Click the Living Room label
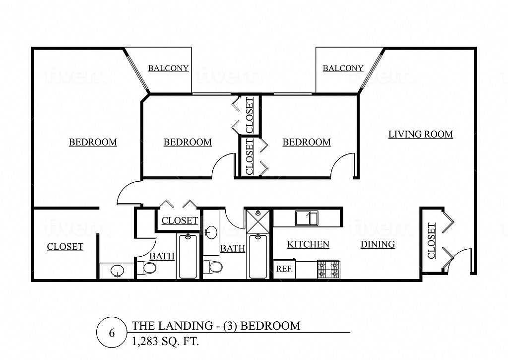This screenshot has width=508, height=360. coord(421,134)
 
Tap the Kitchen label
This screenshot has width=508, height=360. coord(308,244)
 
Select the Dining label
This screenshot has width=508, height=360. coord(378,244)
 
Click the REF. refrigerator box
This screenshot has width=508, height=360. coord(284,269)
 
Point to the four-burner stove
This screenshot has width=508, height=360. coord(328,270)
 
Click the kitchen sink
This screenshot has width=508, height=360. coord(307,218)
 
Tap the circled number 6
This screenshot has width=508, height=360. coord(112,333)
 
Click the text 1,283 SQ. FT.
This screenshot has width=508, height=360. coord(165,342)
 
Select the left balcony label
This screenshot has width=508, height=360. coord(168,68)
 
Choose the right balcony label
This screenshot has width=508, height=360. coord(343,68)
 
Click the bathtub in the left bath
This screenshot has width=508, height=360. coord(188,256)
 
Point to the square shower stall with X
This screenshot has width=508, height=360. coord(257,221)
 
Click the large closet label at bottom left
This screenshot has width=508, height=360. coord(65,247)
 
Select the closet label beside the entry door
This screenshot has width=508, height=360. coord(431,240)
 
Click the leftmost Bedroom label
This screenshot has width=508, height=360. coord(93,142)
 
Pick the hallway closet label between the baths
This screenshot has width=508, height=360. coord(180,220)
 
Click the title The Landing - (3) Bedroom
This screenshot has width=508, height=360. coord(216,326)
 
